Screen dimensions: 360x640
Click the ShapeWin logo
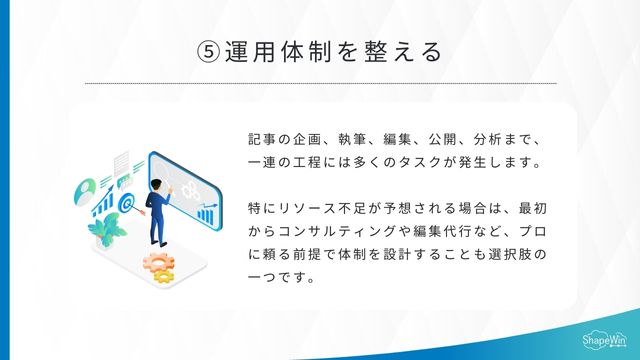[x=604, y=340]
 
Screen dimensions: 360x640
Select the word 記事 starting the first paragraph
[x=259, y=138]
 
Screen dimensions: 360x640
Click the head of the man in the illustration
[x=156, y=184]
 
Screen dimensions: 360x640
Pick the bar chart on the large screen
[x=207, y=213]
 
